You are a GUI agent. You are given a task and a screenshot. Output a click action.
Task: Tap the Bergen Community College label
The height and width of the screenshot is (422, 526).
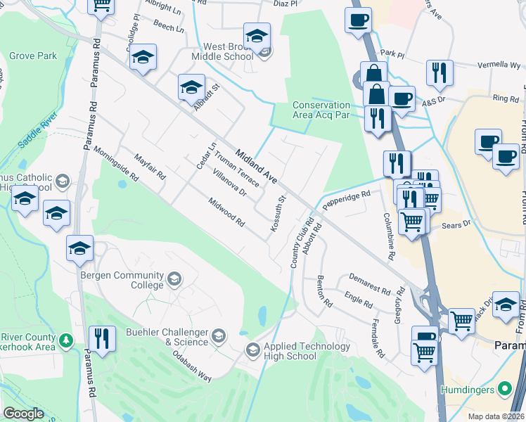click(122, 280)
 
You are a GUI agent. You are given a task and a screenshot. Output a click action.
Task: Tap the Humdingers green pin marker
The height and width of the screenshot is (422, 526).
click(504, 389)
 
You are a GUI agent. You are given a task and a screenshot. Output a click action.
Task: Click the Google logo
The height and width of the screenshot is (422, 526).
click(23, 414)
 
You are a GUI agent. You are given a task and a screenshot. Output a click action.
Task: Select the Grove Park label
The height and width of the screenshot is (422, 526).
click(32, 55)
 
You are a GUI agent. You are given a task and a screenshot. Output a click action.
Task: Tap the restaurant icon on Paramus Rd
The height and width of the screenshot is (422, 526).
click(103, 338)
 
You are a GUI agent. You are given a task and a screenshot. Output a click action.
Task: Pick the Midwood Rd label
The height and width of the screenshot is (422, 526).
click(226, 212)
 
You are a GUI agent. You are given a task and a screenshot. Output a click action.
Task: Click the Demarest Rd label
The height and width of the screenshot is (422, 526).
click(369, 285)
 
